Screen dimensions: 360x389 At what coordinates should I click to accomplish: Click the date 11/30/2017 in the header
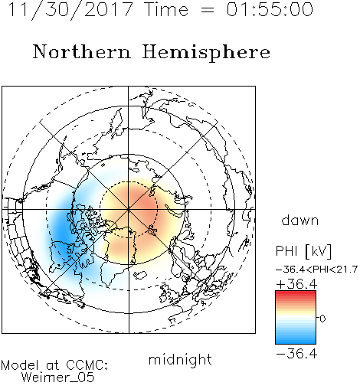pos(70,10)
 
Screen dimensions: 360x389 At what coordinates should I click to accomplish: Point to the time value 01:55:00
pos(270,9)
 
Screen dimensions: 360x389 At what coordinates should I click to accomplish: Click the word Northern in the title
pos(82,51)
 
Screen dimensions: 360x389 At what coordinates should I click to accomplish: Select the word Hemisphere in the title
pos(206,53)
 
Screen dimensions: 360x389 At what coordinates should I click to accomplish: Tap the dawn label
pos(300,221)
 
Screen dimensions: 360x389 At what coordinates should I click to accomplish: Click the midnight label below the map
pos(180,359)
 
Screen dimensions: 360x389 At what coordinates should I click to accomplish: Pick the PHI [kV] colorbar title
pos(303,251)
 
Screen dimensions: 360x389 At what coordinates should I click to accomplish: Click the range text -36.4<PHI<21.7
pos(316,270)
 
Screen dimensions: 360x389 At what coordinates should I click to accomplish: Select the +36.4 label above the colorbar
pos(296,284)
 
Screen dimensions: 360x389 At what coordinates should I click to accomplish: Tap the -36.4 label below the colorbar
pos(296,354)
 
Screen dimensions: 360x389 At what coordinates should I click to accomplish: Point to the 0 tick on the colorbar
pos(322,319)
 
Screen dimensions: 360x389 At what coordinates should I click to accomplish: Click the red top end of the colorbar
pos(296,293)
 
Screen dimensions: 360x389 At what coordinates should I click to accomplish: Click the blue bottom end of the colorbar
pos(296,342)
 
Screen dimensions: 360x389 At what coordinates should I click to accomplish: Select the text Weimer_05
pos(58,377)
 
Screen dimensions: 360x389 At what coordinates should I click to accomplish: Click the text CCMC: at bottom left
pos(87,365)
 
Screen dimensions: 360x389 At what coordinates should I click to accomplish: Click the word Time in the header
pos(166,9)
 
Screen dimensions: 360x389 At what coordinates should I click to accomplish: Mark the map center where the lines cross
pos(129,210)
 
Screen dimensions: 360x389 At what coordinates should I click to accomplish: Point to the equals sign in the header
pos(208,10)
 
